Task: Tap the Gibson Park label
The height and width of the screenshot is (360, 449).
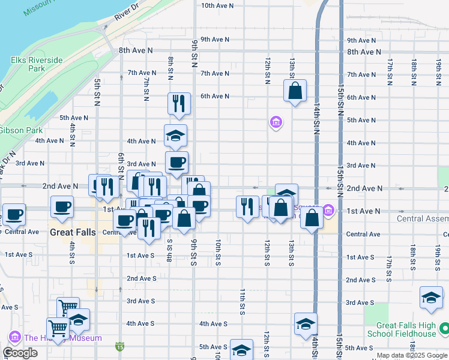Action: click(21, 130)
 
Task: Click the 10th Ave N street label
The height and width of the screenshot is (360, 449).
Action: click(217, 5)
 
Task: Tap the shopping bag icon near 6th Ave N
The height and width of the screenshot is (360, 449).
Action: click(295, 91)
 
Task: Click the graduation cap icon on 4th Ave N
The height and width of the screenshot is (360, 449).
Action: click(176, 136)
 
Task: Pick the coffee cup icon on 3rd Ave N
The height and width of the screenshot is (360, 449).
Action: click(177, 162)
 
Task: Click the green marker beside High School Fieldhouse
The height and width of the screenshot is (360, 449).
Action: click(444, 328)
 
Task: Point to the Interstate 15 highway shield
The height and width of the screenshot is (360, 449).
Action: click(121, 346)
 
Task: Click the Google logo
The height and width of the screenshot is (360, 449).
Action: click(20, 353)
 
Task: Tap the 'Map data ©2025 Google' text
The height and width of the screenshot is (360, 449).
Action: click(412, 356)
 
